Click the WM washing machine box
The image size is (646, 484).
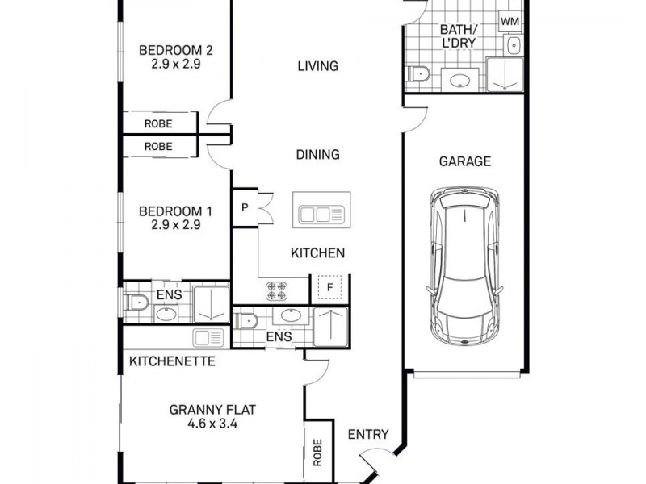pyautogui.click(x=510, y=20)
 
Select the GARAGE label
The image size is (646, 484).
pyautogui.click(x=464, y=161)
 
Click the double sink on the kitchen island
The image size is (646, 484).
pyautogui.click(x=320, y=214)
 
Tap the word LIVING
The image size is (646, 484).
pyautogui.click(x=317, y=66)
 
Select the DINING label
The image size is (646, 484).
pyautogui.click(x=317, y=155)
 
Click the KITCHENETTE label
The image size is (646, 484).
pyautogui.click(x=172, y=361)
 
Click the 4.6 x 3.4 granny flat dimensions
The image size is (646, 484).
pyautogui.click(x=203, y=422)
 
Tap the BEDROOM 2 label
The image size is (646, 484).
pyautogui.click(x=175, y=49)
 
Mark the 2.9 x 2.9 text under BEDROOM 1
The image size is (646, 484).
pyautogui.click(x=175, y=225)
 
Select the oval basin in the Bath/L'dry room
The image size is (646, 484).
pyautogui.click(x=461, y=80)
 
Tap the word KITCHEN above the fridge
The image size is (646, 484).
pyautogui.click(x=318, y=253)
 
